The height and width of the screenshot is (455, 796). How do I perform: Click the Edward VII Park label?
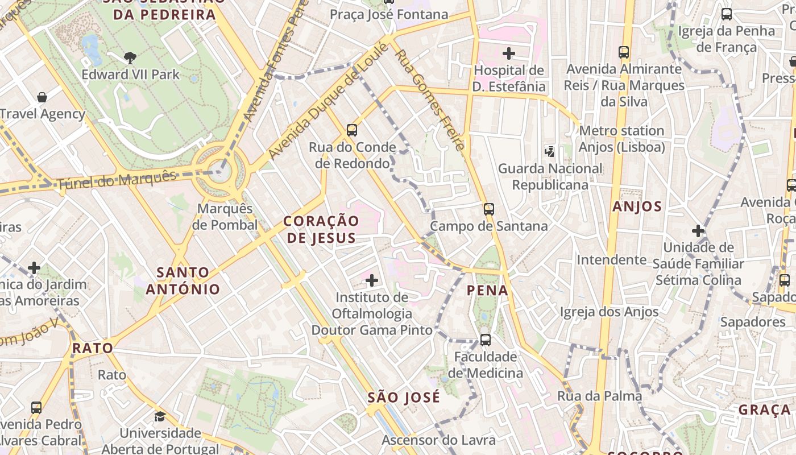coord(130,75)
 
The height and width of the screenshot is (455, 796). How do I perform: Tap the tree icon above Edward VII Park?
coord(130,57)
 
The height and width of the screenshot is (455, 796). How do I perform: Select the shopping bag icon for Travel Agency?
coord(42,97)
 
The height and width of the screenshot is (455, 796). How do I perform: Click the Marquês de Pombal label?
coord(225,217)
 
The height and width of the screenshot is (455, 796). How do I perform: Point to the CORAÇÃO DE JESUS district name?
coord(321,229)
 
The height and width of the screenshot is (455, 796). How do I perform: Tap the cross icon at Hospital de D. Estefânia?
coord(509,53)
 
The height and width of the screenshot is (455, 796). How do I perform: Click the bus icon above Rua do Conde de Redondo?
coord(352,130)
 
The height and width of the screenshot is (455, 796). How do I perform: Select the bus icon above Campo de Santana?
coord(489,209)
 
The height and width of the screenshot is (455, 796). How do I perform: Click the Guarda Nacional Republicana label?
coord(550,177)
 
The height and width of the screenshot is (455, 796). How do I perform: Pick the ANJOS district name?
coord(637,206)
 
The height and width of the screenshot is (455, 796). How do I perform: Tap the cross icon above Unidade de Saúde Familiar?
coord(698,231)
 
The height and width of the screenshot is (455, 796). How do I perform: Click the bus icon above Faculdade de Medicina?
coord(485,340)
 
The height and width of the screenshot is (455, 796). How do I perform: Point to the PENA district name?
coord(487,291)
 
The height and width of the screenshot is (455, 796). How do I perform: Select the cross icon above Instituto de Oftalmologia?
coord(372,280)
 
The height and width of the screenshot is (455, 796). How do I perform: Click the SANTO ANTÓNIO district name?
coord(183,281)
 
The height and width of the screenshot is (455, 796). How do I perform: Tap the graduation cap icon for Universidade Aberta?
coord(160,417)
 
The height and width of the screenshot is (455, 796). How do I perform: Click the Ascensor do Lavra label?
coord(438,440)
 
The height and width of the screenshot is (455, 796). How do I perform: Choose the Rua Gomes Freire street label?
coord(431,100)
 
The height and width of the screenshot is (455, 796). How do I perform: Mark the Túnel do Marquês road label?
coord(117,180)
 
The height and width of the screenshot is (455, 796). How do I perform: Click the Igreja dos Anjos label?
coord(609,312)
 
